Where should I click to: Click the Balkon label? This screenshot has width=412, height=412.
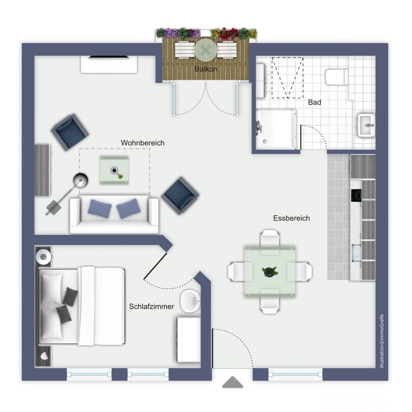click(206, 69)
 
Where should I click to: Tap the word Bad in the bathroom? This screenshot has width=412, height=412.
click(314, 102)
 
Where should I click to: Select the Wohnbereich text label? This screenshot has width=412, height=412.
click(142, 143)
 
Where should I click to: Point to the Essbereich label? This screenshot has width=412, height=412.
click(292, 218)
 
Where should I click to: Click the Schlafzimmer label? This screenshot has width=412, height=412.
click(151, 306)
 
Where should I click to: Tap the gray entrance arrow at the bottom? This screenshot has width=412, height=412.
click(233, 382)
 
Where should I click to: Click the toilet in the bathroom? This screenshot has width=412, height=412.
click(337, 77)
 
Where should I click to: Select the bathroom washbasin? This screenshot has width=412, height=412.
click(367, 125)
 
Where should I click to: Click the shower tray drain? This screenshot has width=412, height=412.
click(265, 141)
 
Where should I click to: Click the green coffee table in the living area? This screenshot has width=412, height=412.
click(114, 170)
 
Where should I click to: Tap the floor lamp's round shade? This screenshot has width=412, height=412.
click(81, 181)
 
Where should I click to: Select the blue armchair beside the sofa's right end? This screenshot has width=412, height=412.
click(180, 196)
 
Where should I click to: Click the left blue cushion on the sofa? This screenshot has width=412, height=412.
click(100, 209)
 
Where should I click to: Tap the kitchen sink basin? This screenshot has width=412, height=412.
click(356, 253)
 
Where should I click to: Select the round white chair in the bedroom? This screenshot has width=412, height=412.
click(190, 302)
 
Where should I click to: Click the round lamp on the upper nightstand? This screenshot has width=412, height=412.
click(43, 256)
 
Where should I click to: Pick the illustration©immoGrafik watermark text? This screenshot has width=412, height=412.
click(382, 341)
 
